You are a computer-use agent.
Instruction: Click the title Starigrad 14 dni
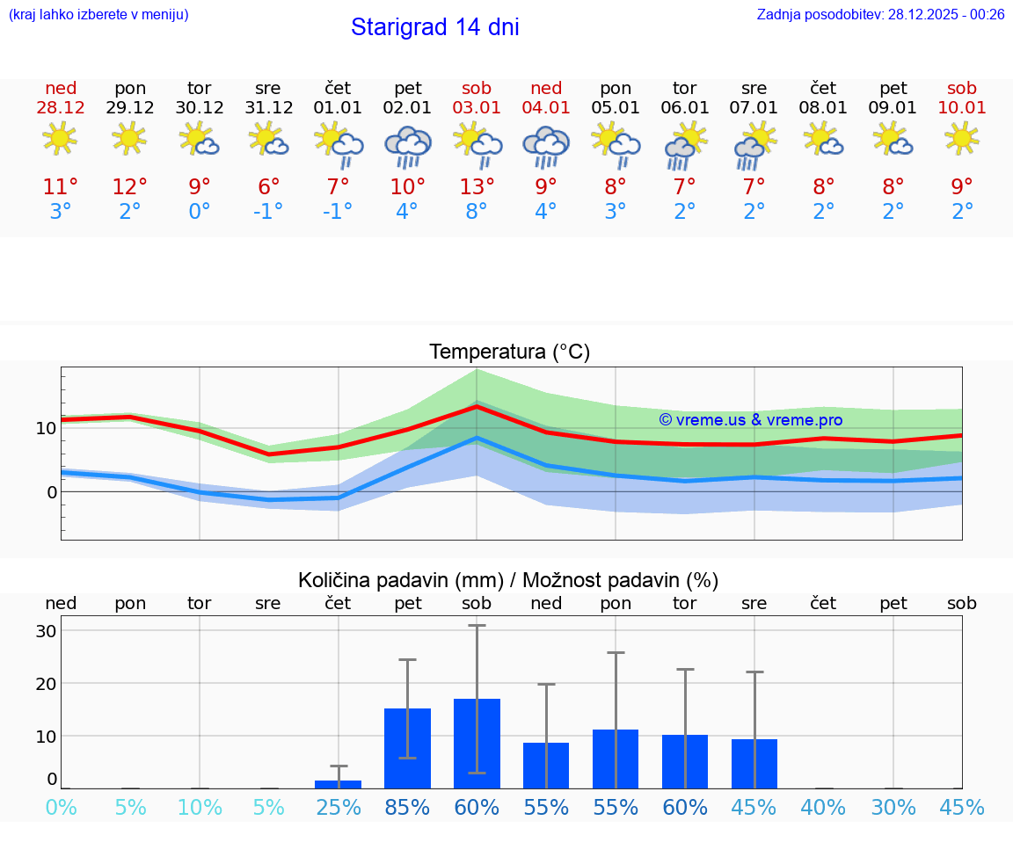(434, 27)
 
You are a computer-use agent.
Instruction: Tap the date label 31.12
(268, 108)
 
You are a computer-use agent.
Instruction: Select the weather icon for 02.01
(407, 147)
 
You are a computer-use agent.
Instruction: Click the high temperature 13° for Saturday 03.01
(477, 187)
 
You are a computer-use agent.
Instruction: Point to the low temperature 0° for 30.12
(200, 212)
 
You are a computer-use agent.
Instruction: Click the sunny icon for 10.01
(962, 138)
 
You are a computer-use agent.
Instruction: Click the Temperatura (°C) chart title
(509, 352)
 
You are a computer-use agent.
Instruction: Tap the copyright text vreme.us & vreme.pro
(751, 420)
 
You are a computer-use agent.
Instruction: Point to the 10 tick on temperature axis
(46, 429)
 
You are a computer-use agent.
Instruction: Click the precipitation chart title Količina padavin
(508, 580)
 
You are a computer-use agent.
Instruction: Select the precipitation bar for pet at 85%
(407, 748)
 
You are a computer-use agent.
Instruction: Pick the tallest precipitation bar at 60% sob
(477, 744)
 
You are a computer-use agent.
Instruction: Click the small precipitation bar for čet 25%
(338, 784)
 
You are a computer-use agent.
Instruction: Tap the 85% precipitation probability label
(407, 807)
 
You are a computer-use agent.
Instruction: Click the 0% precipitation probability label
(61, 807)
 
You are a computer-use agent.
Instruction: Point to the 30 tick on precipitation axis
(46, 631)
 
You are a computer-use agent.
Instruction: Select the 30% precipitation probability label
(893, 807)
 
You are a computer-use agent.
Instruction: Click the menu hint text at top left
(98, 15)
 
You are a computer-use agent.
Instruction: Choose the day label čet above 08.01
(823, 88)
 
